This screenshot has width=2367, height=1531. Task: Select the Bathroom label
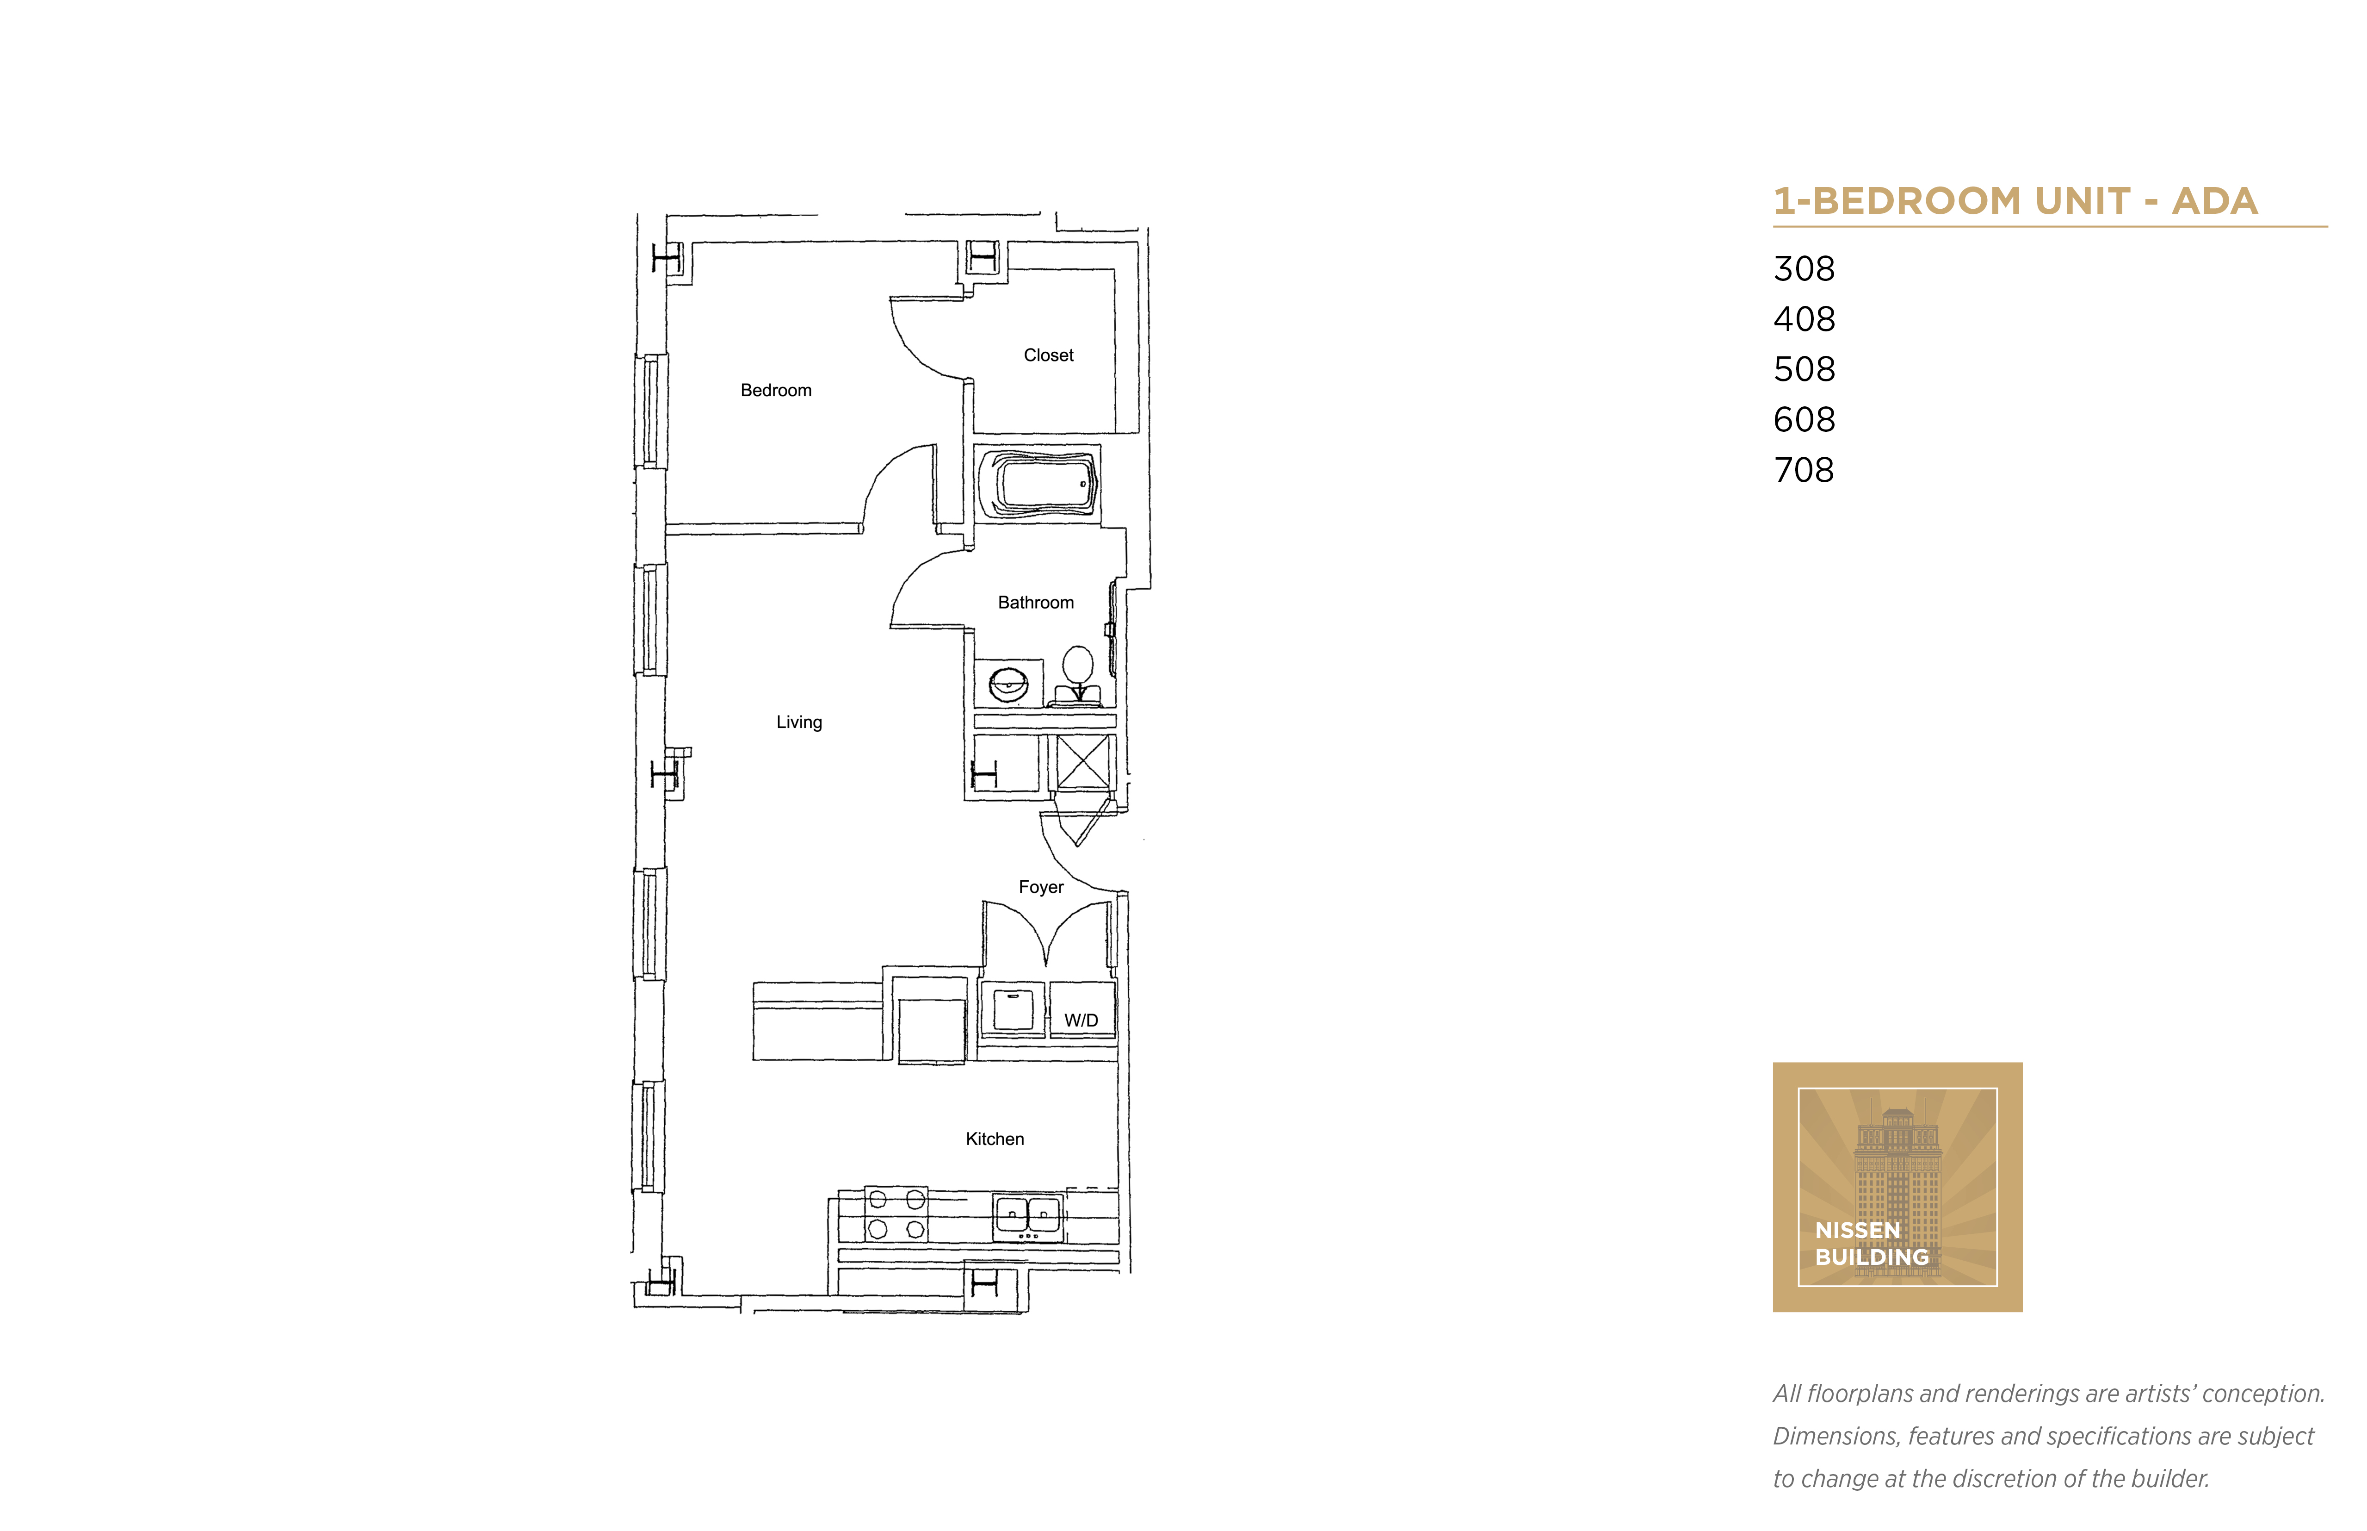coord(1035,603)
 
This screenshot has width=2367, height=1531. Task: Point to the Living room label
coord(799,723)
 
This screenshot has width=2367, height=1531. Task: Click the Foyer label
coord(1040,887)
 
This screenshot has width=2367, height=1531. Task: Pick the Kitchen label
coord(995,1139)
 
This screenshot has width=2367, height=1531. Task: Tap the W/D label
coord(1081,1021)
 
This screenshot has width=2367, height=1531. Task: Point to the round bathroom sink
coord(1007,684)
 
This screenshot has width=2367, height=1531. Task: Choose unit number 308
coord(1804,268)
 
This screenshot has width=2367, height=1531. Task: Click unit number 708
coord(1804,470)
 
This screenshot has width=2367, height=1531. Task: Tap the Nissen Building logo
coord(1897,1187)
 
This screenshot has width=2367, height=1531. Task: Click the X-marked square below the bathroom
coord(1082,763)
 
